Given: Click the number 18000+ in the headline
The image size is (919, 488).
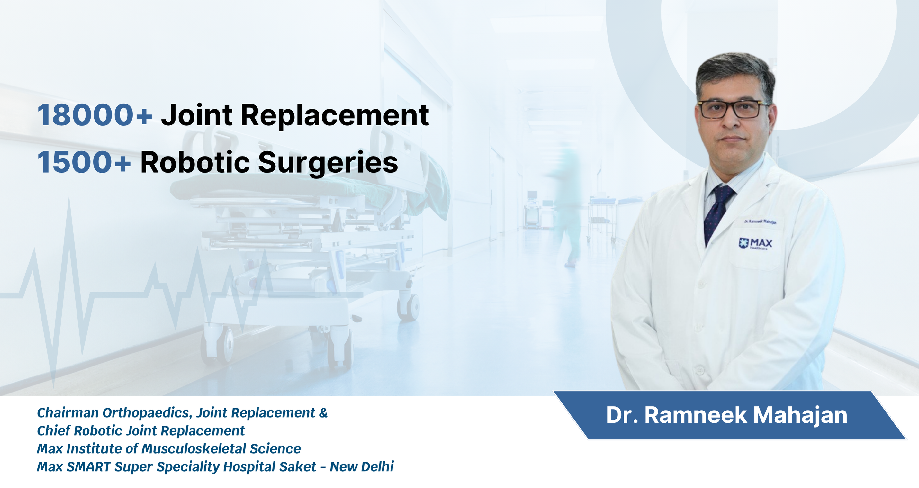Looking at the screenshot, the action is pyautogui.click(x=95, y=115).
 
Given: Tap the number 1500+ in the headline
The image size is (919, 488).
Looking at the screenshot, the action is pyautogui.click(x=84, y=162).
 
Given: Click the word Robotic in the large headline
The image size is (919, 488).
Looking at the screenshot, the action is pyautogui.click(x=195, y=162).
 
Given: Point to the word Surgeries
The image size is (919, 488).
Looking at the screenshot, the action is pyautogui.click(x=328, y=163).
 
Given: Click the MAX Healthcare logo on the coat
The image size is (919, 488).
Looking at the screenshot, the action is pyautogui.click(x=755, y=243).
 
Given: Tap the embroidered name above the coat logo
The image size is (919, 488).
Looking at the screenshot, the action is pyautogui.click(x=760, y=221).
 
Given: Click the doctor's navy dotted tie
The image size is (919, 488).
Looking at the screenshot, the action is pyautogui.click(x=717, y=212).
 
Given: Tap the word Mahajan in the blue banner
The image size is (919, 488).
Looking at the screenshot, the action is pyautogui.click(x=800, y=416).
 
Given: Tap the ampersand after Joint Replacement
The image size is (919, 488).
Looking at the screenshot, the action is pyautogui.click(x=323, y=413).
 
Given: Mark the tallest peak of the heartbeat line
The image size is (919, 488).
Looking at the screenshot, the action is pyautogui.click(x=69, y=198).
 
